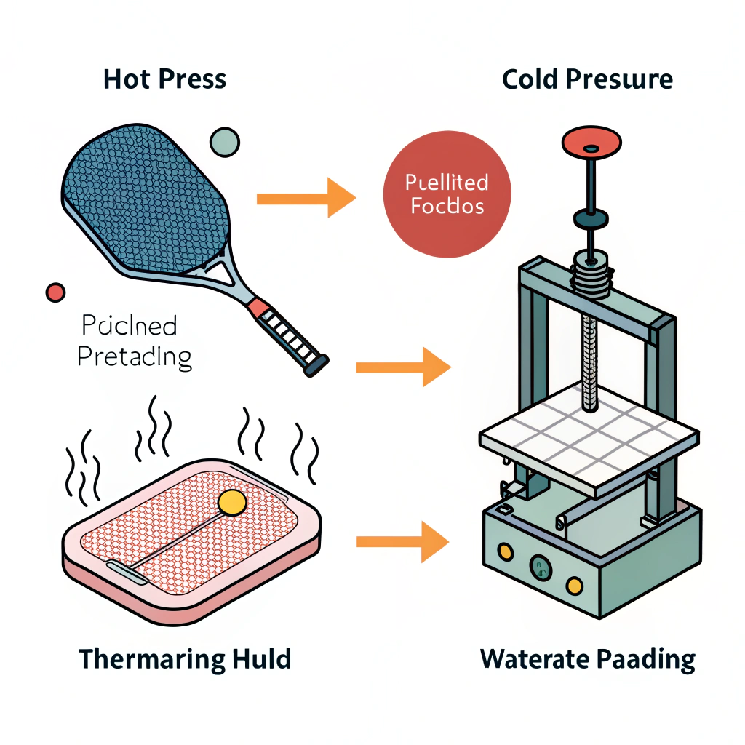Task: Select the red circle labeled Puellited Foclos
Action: [447, 194]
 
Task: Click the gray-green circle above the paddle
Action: [224, 142]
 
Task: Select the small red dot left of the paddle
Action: [55, 292]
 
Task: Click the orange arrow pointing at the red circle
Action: [306, 196]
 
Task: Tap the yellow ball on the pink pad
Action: [232, 503]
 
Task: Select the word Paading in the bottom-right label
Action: [645, 660]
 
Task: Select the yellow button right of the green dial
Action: [575, 583]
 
